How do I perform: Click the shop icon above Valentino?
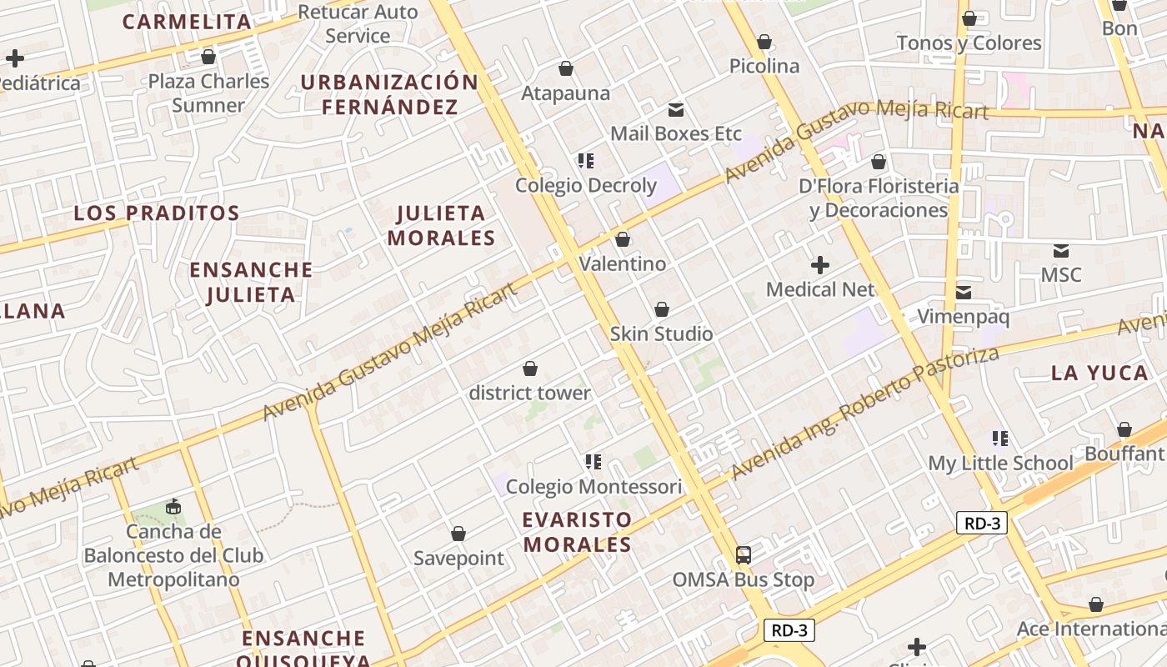[623, 240]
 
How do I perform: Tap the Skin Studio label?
[661, 334]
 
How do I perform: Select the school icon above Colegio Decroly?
[586, 160]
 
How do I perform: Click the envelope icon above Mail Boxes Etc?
[676, 109]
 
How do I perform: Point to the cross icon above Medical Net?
[820, 265]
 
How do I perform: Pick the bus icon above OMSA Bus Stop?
[744, 554]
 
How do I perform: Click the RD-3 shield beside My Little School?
[982, 524]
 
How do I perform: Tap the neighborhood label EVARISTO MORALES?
[577, 532]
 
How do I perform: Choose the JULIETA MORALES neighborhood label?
[442, 225]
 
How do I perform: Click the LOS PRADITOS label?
[157, 213]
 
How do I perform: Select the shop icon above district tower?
[530, 369]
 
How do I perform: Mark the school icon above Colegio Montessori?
[594, 461]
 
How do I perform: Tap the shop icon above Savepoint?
[458, 534]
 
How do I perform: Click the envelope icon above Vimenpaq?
[964, 292]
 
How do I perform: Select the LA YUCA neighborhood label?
[1099, 374]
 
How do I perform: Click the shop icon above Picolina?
[764, 42]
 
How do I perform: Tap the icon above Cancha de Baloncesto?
[173, 506]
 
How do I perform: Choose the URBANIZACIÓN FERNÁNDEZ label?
[389, 94]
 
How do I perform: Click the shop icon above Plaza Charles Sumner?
[208, 57]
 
